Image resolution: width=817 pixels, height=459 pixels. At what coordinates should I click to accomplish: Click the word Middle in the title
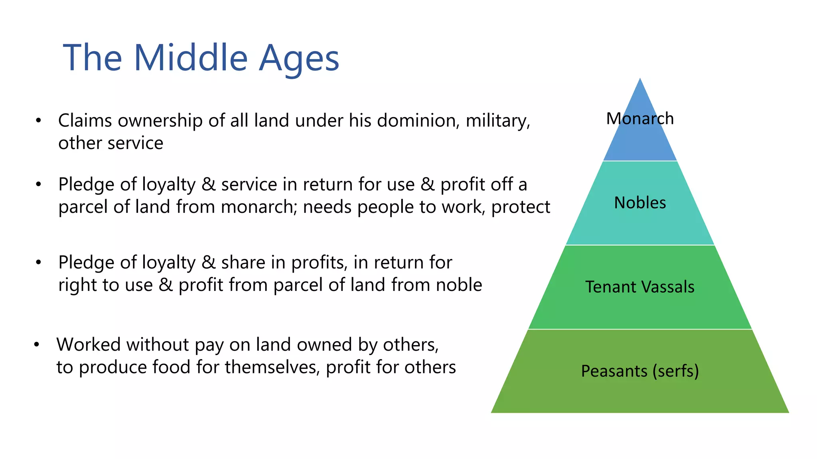tap(191, 58)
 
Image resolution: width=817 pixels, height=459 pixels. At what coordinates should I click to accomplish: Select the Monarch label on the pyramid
tap(640, 119)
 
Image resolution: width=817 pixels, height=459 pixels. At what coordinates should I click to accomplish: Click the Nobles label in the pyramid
tap(640, 203)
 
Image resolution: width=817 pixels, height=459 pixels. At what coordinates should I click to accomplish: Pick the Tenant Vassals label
tap(640, 287)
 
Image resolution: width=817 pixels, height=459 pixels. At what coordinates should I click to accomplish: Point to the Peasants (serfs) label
tap(640, 371)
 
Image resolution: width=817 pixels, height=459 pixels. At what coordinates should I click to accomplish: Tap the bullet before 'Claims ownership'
tap(38, 120)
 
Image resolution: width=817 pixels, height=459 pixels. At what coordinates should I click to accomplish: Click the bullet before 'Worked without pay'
tap(37, 344)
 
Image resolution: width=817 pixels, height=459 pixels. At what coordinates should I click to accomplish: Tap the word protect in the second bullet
tap(521, 207)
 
